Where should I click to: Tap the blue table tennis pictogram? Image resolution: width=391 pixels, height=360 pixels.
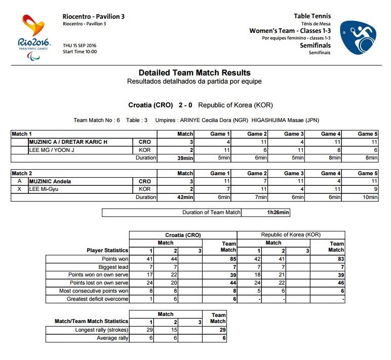tap(358, 38)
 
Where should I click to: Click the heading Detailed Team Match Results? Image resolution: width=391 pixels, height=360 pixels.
tap(194, 73)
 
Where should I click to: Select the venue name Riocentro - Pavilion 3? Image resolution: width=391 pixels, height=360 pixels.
tap(94, 16)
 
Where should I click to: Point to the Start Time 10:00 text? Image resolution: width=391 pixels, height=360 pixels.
tap(80, 52)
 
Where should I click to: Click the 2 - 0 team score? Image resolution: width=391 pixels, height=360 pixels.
tap(185, 105)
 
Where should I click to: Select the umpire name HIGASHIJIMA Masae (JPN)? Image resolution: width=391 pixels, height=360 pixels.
tap(285, 120)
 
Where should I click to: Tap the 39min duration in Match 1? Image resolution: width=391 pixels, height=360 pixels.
tap(185, 158)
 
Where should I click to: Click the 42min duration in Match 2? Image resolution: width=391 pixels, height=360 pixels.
tap(185, 197)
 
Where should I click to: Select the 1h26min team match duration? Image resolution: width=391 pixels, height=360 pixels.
tap(278, 213)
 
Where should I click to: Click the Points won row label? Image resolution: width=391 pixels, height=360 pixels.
tap(115, 259)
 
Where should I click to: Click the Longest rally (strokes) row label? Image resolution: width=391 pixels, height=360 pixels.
tap(102, 330)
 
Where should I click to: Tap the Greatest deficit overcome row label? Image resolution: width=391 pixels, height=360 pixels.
tap(98, 299)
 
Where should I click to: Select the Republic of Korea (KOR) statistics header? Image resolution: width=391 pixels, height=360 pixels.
tap(291, 235)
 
